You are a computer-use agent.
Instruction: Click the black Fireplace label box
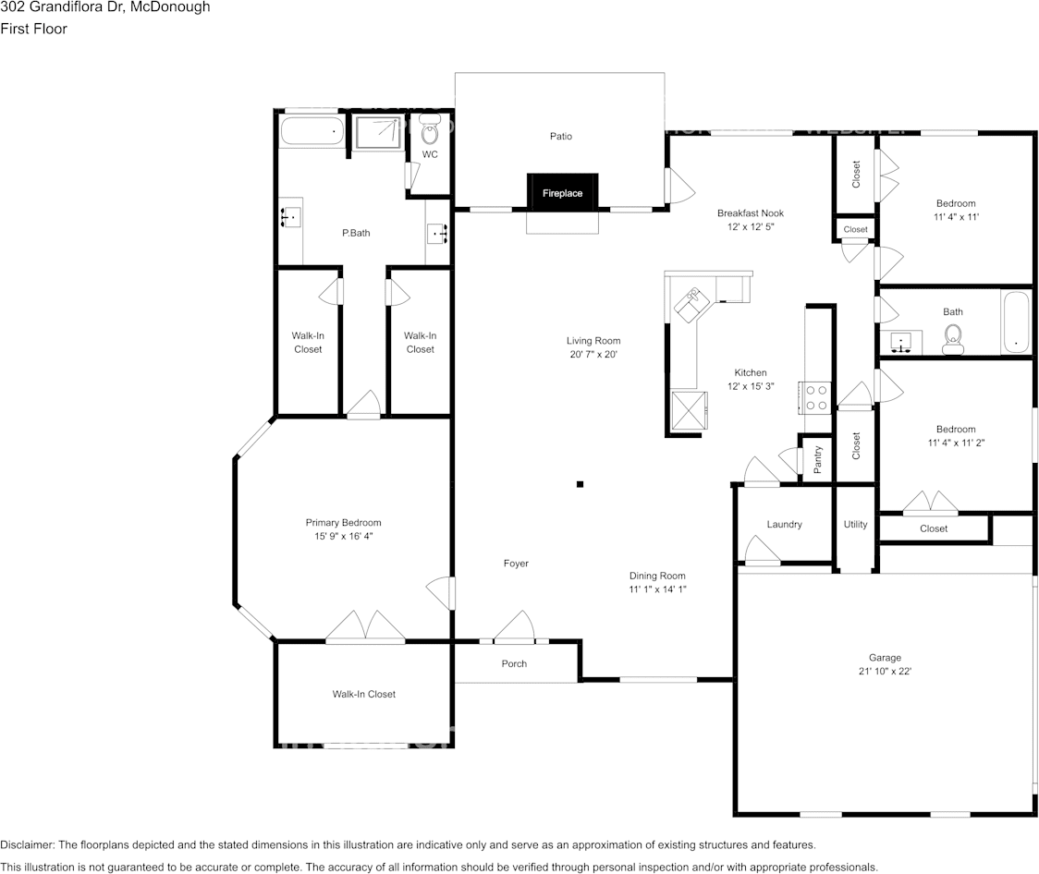click(562, 193)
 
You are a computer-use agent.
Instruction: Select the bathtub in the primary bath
click(312, 131)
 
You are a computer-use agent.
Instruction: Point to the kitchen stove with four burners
click(816, 397)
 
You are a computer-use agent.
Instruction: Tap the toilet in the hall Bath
click(952, 345)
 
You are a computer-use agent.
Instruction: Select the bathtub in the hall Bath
click(1015, 323)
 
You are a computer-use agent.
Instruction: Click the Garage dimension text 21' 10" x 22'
click(884, 672)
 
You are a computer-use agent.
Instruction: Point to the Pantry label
click(818, 459)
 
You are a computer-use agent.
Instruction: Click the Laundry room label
click(784, 525)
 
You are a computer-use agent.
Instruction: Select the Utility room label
click(855, 525)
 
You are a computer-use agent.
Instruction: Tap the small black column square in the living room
click(580, 483)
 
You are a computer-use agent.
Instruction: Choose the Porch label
click(514, 663)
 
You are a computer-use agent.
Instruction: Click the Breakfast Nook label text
click(750, 213)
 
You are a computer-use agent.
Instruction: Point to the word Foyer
click(516, 564)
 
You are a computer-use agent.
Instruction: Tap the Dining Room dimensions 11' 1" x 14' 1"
click(657, 589)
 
